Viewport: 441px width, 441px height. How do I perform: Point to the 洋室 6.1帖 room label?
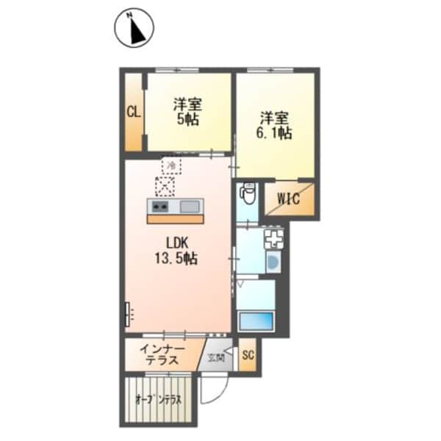coord(275,125)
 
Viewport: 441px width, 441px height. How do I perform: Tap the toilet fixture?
coord(248,193)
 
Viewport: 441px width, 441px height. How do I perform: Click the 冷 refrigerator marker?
coord(171,166)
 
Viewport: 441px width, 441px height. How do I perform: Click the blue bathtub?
coord(255,320)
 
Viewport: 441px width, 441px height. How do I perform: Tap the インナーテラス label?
coord(162,354)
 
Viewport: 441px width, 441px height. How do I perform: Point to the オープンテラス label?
coord(158,401)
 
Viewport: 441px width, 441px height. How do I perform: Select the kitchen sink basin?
coord(189,205)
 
